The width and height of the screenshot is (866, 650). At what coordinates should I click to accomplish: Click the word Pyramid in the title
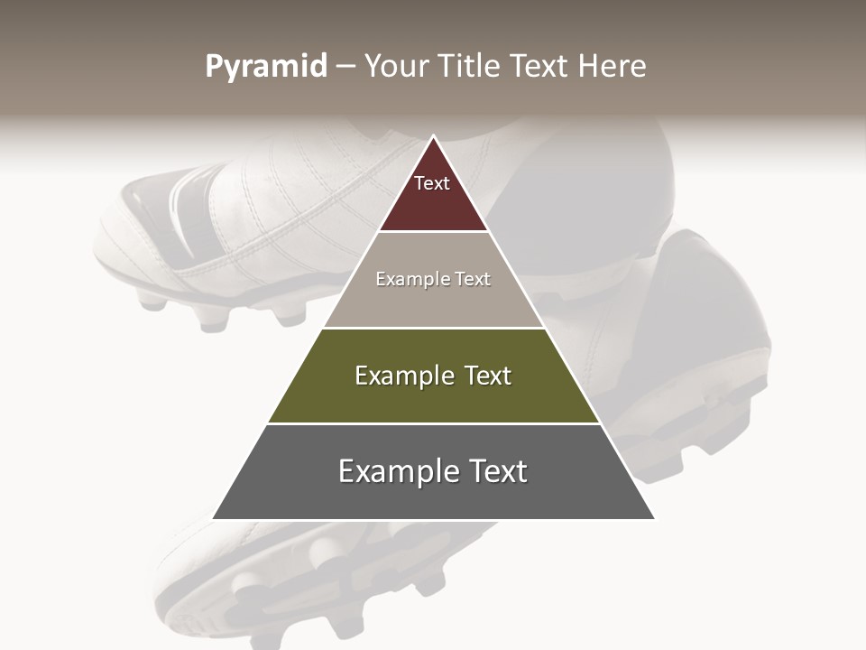point(265,67)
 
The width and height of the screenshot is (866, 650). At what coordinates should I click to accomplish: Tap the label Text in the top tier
point(432,183)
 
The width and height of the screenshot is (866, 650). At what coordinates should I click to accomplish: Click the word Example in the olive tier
point(402,376)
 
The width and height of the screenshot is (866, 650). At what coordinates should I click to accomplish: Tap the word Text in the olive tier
point(488,376)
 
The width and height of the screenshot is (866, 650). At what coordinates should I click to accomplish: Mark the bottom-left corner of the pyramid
point(214,519)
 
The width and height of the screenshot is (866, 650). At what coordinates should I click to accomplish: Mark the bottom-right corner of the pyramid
point(654,519)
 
